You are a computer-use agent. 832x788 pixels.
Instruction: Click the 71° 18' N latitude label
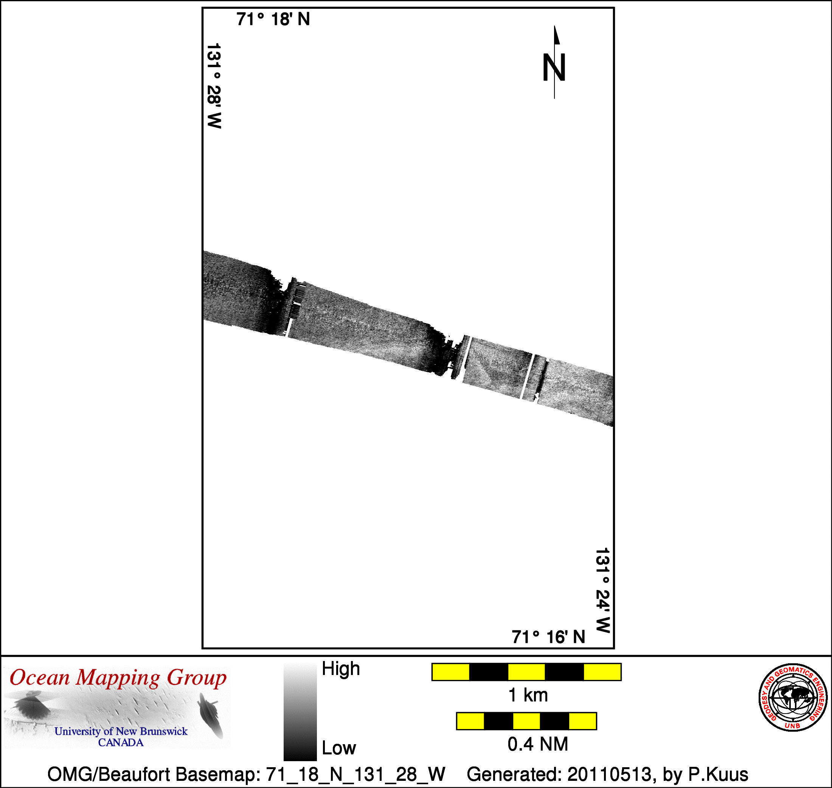tap(273, 19)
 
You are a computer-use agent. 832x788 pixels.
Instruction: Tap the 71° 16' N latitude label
tap(548, 637)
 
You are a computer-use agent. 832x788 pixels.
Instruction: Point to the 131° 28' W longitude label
tap(214, 86)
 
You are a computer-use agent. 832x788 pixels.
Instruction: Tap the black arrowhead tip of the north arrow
tap(555, 26)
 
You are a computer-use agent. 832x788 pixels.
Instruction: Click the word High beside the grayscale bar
tap(341, 669)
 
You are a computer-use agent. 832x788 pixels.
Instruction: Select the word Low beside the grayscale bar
tap(339, 748)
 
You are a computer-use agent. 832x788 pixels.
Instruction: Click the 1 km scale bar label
tap(528, 695)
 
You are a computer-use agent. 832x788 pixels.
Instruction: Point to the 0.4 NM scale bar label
tap(538, 744)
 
